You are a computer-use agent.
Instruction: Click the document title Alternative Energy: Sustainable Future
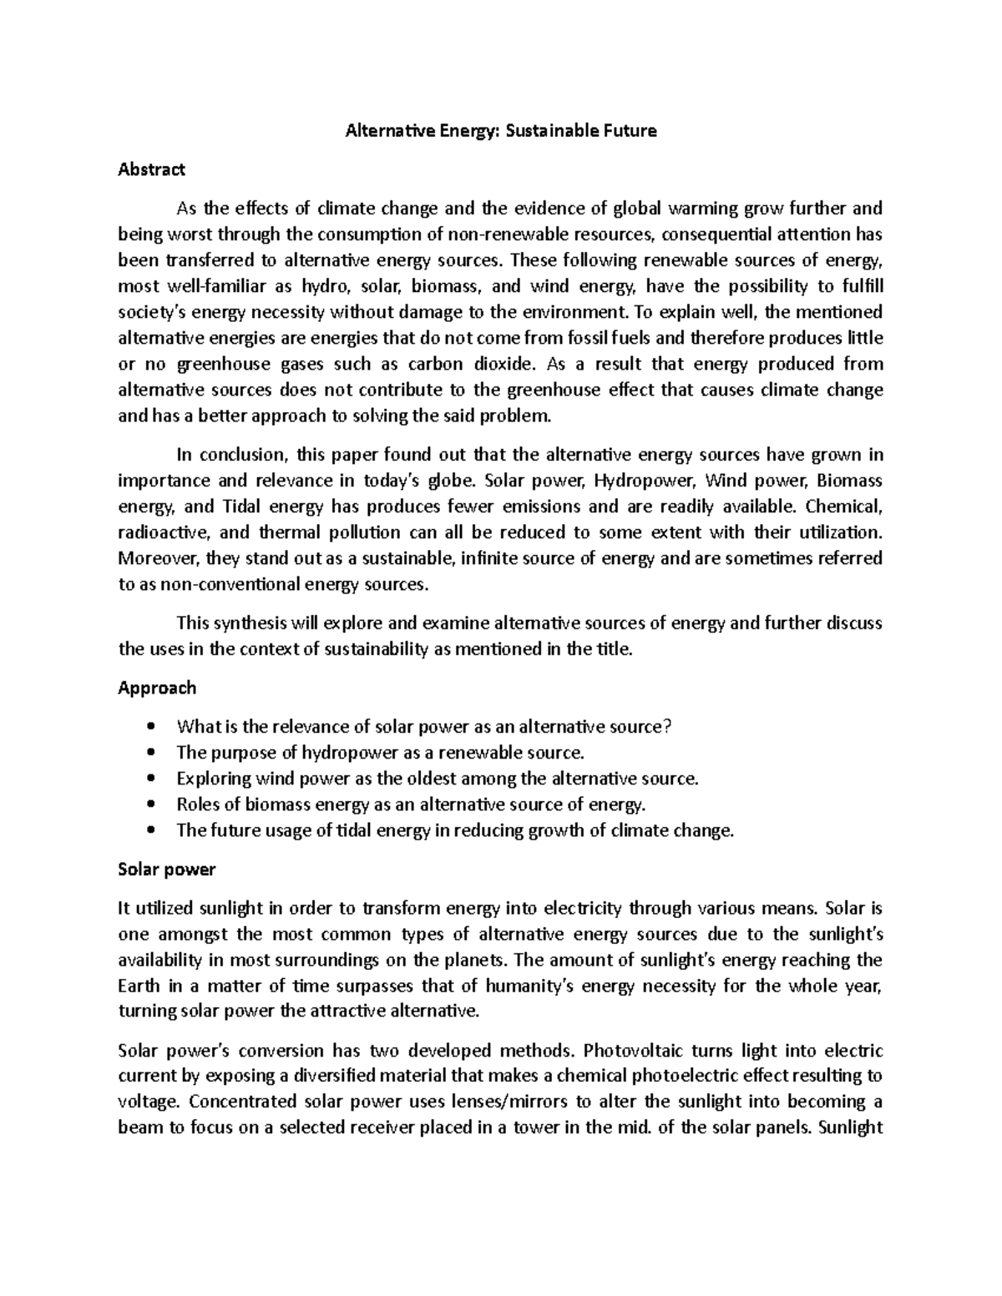point(501,130)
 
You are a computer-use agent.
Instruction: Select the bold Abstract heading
point(151,169)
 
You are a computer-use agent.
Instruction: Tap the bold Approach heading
point(157,688)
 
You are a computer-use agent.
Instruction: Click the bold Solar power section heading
point(167,870)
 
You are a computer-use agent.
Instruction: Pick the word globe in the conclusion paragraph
point(450,481)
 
